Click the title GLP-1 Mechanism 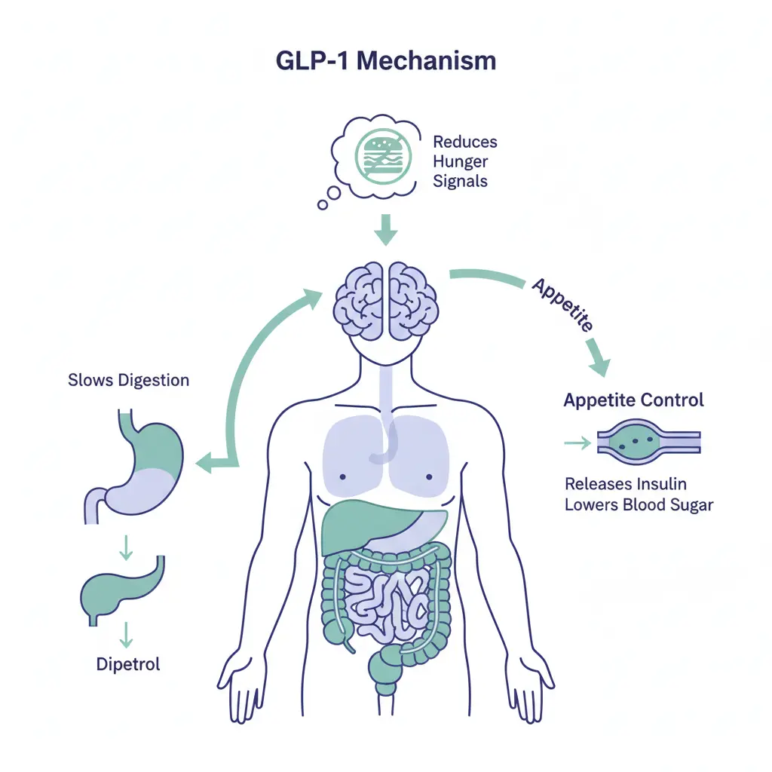tap(386, 60)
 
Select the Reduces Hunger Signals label tap(464, 161)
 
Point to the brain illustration tap(386, 299)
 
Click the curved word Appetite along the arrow tap(562, 305)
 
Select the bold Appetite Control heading tap(633, 400)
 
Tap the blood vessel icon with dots tap(648, 443)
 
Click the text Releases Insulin tap(625, 484)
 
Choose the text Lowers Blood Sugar tap(639, 505)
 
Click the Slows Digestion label tap(128, 380)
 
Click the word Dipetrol tap(128, 664)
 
